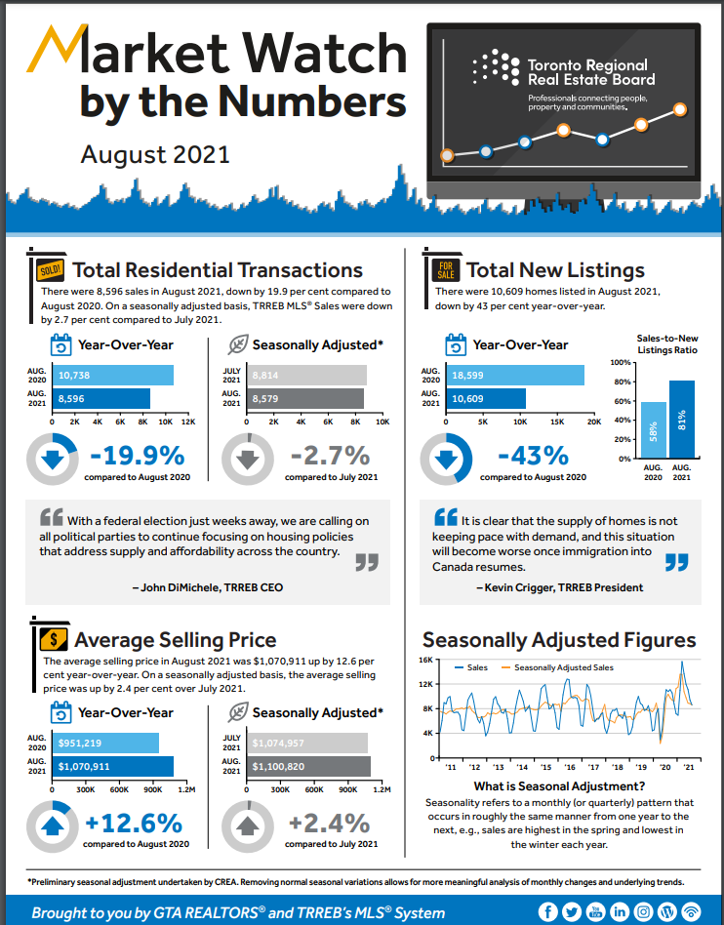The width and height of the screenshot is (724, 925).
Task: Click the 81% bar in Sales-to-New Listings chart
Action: (682, 420)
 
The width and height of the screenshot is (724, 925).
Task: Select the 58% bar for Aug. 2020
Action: (654, 430)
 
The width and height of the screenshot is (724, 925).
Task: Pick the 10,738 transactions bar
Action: (115, 375)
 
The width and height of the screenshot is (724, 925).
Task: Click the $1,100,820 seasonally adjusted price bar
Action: (309, 767)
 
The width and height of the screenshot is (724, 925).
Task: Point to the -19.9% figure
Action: (138, 456)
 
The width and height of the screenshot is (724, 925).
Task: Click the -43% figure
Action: (533, 456)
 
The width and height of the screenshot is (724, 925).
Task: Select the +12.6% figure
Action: (136, 823)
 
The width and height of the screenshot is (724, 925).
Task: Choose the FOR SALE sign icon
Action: (446, 270)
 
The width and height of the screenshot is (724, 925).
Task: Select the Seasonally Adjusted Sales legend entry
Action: (564, 668)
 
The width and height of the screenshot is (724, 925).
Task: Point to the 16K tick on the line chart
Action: (425, 660)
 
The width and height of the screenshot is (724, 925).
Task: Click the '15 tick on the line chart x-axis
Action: (552, 768)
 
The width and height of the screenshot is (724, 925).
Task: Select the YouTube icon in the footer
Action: (594, 912)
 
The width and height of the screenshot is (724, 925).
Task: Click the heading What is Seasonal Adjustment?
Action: (559, 786)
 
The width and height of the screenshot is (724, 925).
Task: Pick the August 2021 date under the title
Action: (154, 153)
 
